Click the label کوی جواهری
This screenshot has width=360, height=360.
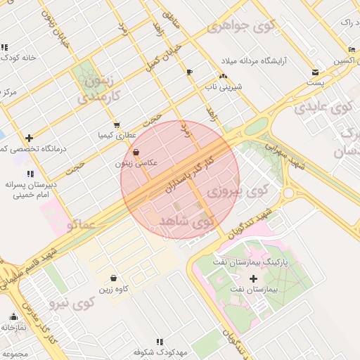[x=238, y=27]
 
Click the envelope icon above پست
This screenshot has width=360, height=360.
[x=315, y=72]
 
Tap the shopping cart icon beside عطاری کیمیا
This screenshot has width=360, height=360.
[x=116, y=124]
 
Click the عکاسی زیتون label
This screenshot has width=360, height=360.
[x=136, y=162]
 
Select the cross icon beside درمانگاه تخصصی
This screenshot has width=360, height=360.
[x=29, y=138]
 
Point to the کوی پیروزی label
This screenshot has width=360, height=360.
[x=238, y=190]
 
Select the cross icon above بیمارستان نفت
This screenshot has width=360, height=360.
[x=253, y=278]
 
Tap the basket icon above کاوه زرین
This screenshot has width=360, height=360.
[x=113, y=278]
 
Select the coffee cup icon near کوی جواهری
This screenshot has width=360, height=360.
[x=189, y=72]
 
